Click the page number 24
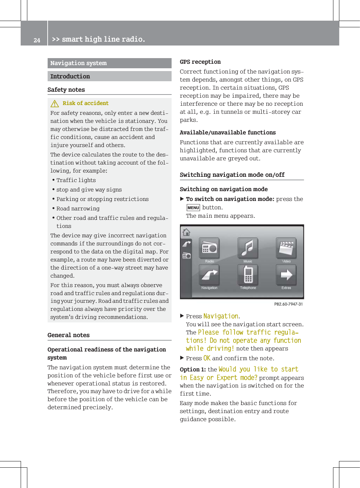click(37, 40)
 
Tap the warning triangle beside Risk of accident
click(55, 104)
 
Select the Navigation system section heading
click(78, 63)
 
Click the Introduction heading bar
click(70, 76)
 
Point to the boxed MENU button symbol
click(193, 208)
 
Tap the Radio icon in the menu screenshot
click(209, 248)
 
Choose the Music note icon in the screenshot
click(248, 248)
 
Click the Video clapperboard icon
click(286, 248)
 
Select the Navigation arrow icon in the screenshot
click(209, 275)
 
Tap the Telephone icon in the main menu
click(248, 275)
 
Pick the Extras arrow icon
click(286, 275)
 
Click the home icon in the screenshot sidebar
click(186, 232)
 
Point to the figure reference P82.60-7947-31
click(288, 304)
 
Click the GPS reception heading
click(200, 62)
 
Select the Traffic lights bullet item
click(76, 180)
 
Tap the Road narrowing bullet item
click(78, 209)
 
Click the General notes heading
click(69, 335)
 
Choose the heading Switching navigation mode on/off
click(232, 175)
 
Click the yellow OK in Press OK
click(207, 358)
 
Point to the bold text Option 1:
click(193, 370)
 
